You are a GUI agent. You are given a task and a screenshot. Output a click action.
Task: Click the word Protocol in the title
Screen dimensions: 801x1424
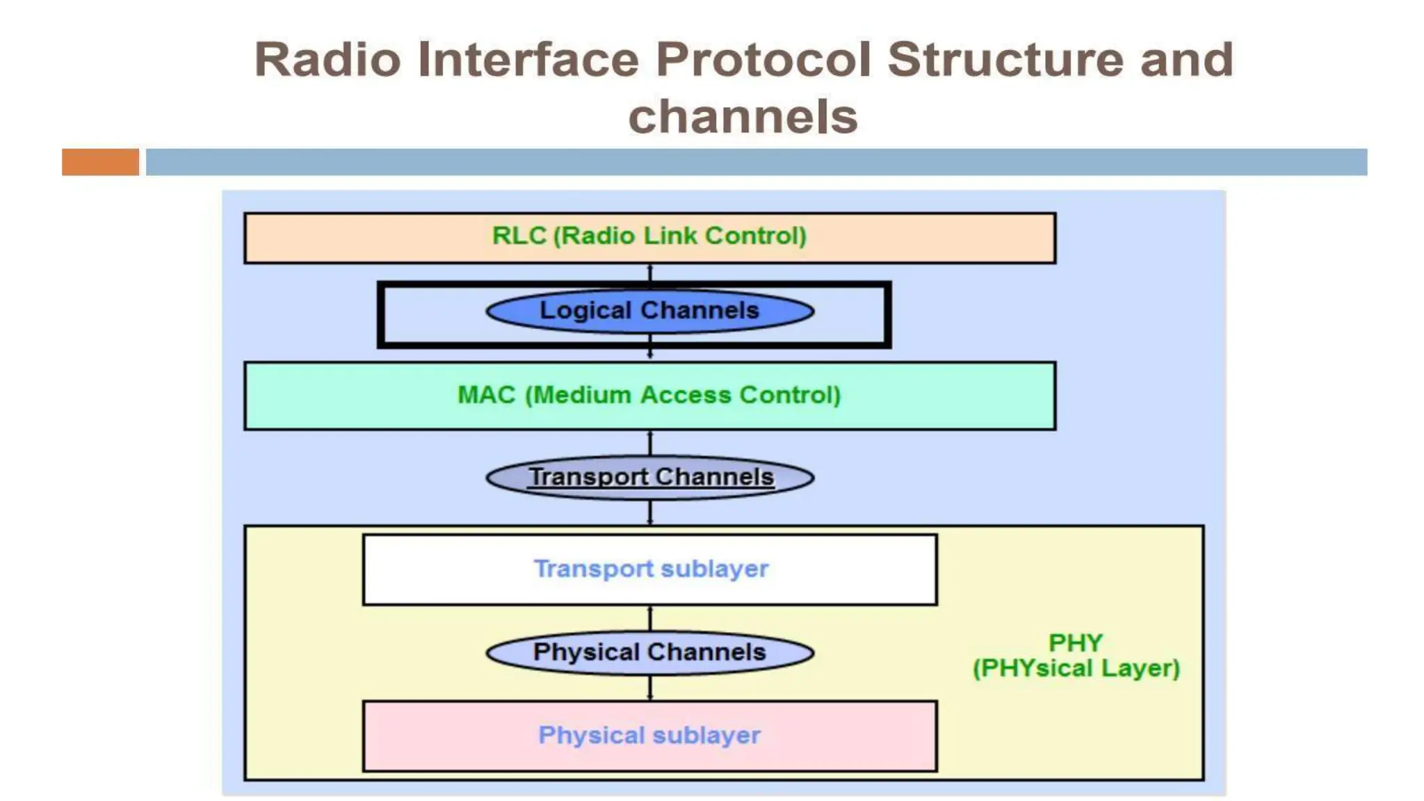[762, 60]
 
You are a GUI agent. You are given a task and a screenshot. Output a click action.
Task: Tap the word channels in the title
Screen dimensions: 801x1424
[743, 116]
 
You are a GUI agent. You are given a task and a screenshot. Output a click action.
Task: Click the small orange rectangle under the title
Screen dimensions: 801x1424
[100, 162]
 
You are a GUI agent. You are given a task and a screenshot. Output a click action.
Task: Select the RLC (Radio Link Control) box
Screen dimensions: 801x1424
[649, 238]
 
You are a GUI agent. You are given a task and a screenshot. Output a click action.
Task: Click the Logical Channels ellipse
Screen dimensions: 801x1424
[649, 311]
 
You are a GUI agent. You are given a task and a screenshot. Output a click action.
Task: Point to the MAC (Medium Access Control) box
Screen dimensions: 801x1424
[649, 396]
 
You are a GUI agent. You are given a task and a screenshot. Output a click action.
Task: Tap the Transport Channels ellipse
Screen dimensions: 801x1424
[649, 478]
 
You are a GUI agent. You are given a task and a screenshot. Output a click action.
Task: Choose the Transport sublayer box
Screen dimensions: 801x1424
[649, 569]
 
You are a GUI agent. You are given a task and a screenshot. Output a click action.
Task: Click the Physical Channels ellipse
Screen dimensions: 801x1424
[649, 653]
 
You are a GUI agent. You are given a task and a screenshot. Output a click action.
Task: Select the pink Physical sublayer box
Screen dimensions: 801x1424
[649, 736]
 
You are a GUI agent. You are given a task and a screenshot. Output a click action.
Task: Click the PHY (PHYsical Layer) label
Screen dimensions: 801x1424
[1076, 656]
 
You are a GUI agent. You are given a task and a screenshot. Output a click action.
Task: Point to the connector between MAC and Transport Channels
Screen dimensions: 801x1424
[650, 443]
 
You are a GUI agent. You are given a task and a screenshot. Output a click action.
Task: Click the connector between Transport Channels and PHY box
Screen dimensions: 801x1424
[650, 512]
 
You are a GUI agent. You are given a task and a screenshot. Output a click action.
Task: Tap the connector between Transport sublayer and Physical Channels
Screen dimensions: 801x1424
[650, 619]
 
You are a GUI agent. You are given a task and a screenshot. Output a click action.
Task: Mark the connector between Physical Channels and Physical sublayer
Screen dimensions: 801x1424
[650, 688]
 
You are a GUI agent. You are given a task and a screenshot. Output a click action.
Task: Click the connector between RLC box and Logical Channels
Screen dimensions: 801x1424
[650, 273]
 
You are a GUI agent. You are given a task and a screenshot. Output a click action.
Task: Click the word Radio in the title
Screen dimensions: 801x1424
[327, 60]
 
